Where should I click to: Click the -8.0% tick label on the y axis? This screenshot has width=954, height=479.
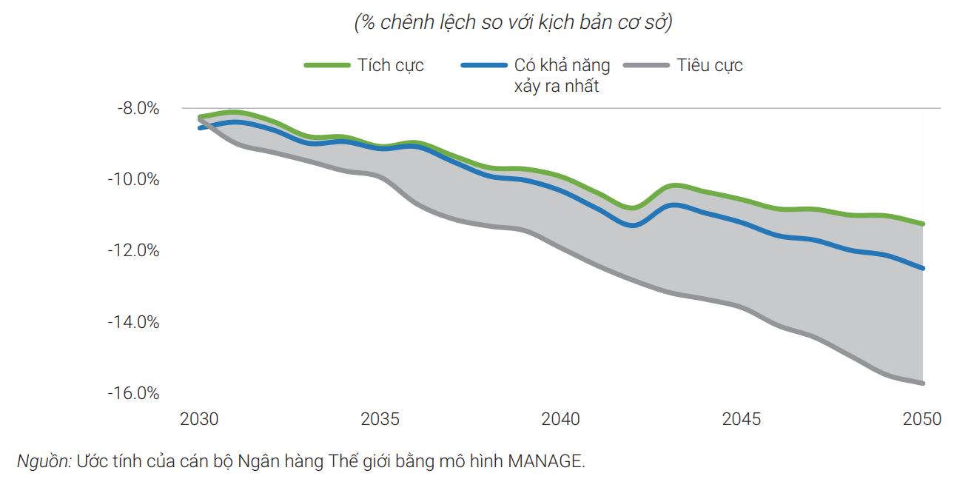138,108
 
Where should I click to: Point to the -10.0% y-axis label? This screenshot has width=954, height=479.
135,179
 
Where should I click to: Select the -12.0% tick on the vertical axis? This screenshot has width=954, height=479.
135,250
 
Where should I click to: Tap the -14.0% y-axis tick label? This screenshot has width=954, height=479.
135,322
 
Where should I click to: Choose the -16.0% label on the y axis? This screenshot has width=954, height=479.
135,393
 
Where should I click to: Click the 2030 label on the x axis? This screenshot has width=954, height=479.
199,419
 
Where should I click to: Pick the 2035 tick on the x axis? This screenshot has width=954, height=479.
380,419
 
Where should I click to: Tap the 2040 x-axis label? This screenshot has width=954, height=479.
560,419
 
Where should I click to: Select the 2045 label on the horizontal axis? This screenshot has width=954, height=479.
741,419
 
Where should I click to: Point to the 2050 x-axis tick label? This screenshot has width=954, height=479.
921,419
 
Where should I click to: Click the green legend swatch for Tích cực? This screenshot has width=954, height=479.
326,65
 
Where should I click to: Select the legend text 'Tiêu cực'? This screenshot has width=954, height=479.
709,65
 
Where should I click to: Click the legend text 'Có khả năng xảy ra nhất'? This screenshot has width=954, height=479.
562,76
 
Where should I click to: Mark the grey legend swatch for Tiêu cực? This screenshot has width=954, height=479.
646,65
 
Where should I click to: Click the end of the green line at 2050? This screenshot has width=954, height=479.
923,224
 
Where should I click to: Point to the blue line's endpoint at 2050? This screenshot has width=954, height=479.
923,268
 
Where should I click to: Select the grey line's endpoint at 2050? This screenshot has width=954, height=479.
923,383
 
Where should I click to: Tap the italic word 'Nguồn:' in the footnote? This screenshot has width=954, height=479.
44,461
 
